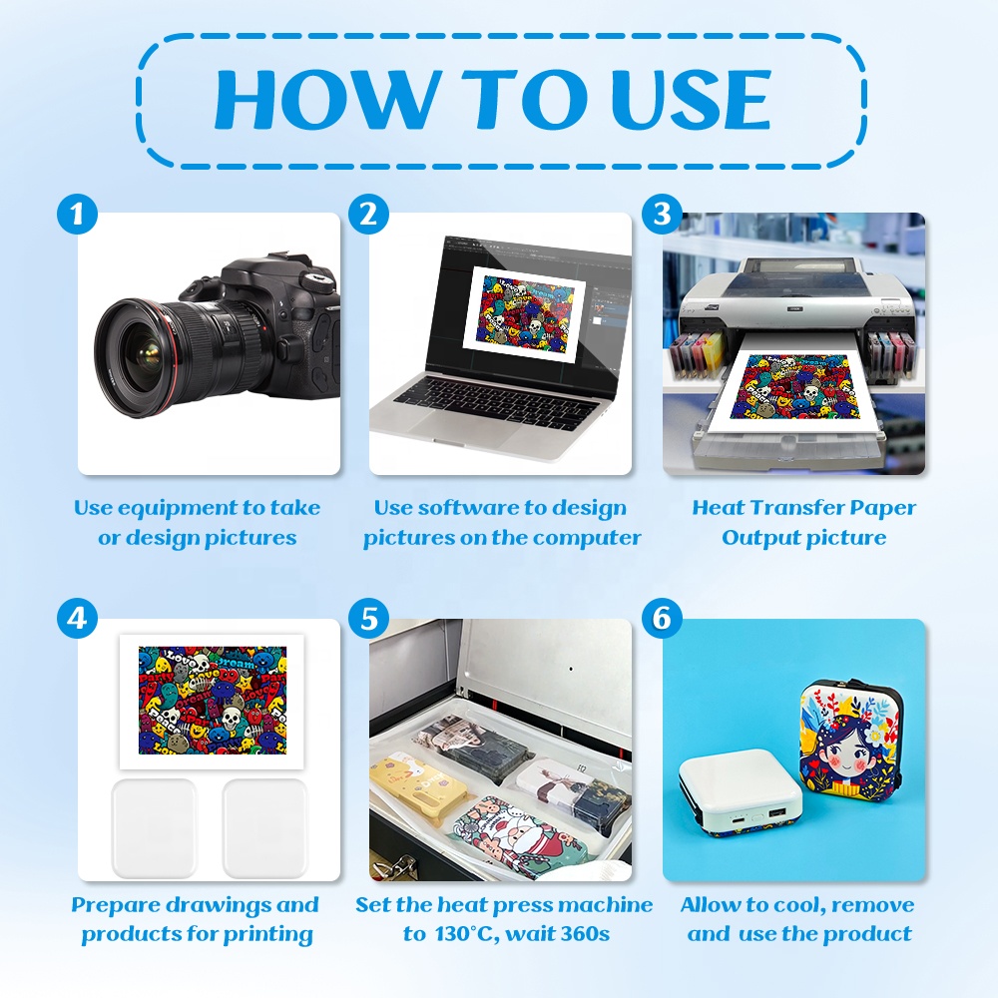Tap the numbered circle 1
[x=77, y=214]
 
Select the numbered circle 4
[x=77, y=618]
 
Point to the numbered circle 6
[x=662, y=618]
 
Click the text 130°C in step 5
[x=458, y=934]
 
